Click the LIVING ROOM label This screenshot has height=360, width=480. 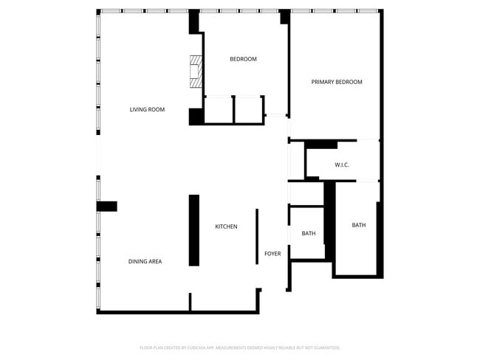pos(147,110)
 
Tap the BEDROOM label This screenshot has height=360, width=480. pos(243,59)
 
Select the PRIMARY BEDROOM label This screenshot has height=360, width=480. pos(337,82)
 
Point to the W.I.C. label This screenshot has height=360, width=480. pos(341,165)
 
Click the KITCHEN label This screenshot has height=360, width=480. pos(226,226)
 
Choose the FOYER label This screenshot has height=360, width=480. pos(272,254)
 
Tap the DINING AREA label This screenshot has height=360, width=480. pos(145,261)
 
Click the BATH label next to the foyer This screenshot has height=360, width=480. pos(309,234)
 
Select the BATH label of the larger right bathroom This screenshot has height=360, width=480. pos(358,225)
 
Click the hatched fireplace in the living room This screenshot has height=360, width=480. pos(196,72)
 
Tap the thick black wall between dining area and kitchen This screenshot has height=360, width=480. pos(194,230)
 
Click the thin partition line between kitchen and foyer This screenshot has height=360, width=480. pos(257,236)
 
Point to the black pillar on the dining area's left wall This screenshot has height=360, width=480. pos(107,207)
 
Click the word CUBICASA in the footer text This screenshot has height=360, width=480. pos(195,347)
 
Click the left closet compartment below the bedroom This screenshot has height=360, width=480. pos(219,109)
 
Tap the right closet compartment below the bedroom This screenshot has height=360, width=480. pos(249,109)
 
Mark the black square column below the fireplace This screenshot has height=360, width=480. pos(196,117)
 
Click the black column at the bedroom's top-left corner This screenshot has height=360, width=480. pos(195,22)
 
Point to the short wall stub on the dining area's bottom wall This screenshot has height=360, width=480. pos(190,302)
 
